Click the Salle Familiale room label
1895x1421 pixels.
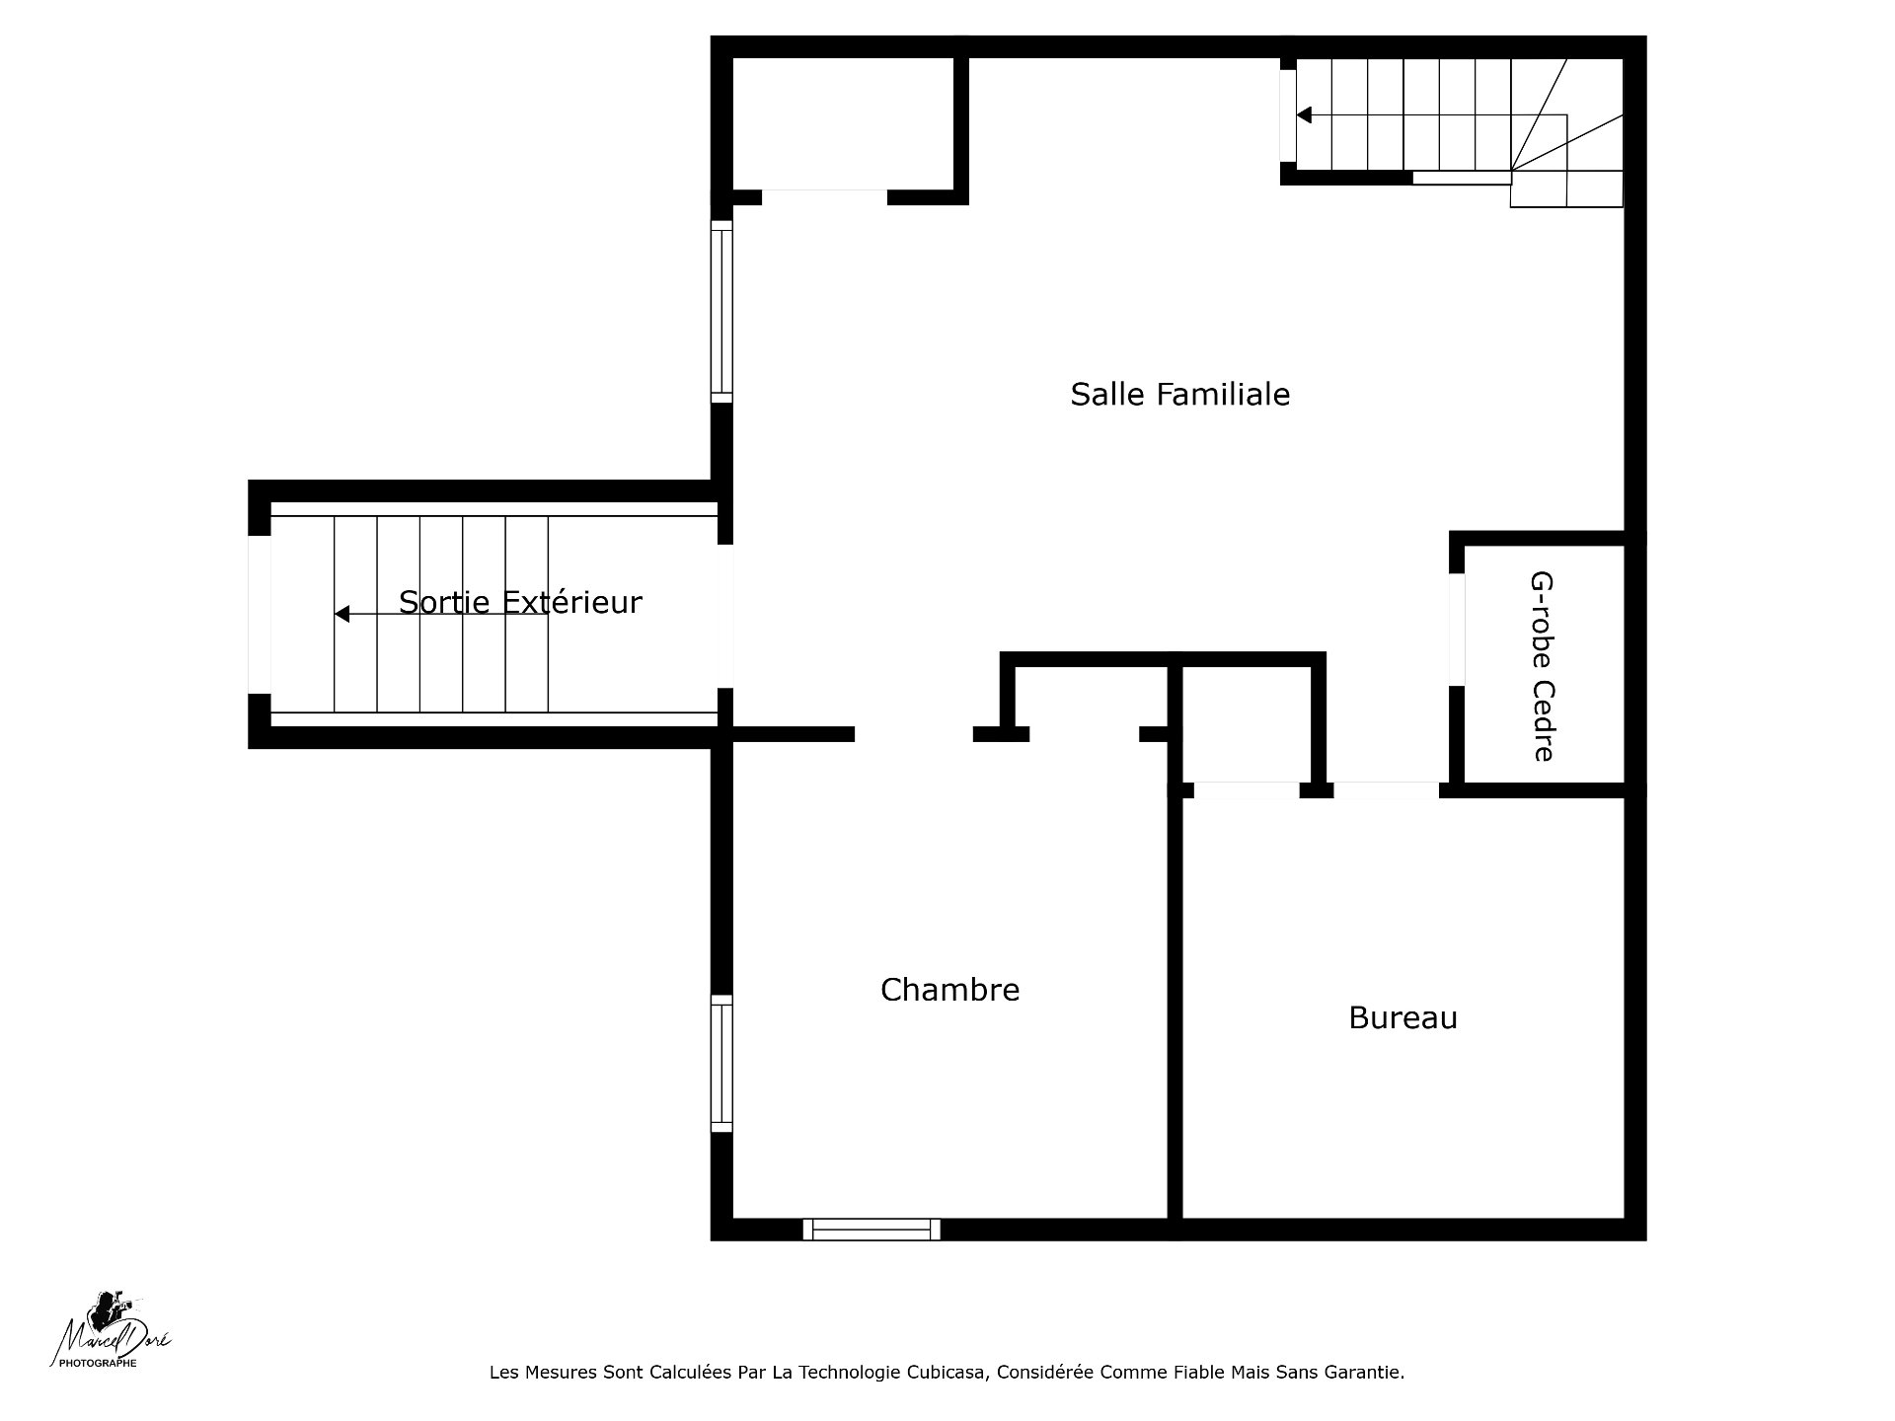point(1180,395)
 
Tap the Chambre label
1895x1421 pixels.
point(949,990)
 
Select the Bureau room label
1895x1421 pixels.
point(1402,1017)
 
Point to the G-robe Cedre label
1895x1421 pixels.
point(1542,667)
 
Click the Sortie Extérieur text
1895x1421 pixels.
point(520,602)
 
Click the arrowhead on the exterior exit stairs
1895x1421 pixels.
point(341,614)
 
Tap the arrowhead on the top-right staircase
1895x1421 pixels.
point(1304,115)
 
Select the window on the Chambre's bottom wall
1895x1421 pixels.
point(872,1229)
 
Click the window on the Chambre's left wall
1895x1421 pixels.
point(722,1064)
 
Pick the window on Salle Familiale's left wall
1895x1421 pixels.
point(722,311)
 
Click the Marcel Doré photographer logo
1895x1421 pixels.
point(111,1329)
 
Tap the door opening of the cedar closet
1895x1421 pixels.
point(1457,630)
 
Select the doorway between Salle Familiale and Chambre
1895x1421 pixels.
point(914,734)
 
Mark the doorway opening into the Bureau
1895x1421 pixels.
point(1387,790)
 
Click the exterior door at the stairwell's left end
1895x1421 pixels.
point(260,615)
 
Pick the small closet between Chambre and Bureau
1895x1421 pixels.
point(1247,723)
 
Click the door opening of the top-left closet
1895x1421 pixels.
point(824,197)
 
